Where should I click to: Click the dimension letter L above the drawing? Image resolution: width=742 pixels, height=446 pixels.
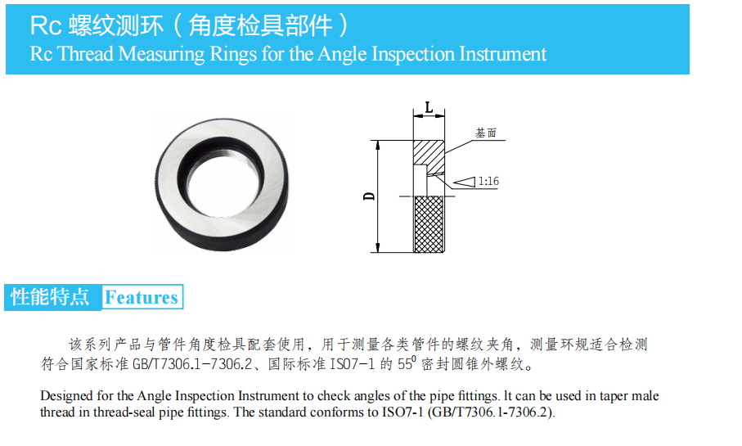tap(429, 107)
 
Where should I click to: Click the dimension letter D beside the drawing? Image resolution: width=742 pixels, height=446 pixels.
tap(369, 196)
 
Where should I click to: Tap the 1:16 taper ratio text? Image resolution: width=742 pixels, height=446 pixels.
tap(488, 182)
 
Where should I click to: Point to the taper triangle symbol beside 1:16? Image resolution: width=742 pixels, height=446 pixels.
tap(464, 182)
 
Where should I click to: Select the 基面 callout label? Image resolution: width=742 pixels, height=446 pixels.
tap(486, 133)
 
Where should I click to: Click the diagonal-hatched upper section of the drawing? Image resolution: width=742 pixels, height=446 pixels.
tap(429, 152)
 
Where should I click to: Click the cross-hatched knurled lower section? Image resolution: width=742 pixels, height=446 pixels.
tap(429, 224)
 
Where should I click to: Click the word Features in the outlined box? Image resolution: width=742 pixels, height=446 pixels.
tap(141, 297)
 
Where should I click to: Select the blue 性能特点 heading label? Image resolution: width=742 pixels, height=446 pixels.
tap(50, 297)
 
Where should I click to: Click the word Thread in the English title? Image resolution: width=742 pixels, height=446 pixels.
tap(86, 53)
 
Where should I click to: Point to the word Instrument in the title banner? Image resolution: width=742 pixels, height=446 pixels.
tap(502, 53)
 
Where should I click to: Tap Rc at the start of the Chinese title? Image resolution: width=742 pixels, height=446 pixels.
tap(46, 25)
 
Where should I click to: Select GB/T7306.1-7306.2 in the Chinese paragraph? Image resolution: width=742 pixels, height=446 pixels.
tap(192, 364)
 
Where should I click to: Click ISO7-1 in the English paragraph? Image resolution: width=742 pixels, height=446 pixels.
tap(402, 412)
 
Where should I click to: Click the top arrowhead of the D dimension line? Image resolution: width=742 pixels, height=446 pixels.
tap(378, 144)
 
